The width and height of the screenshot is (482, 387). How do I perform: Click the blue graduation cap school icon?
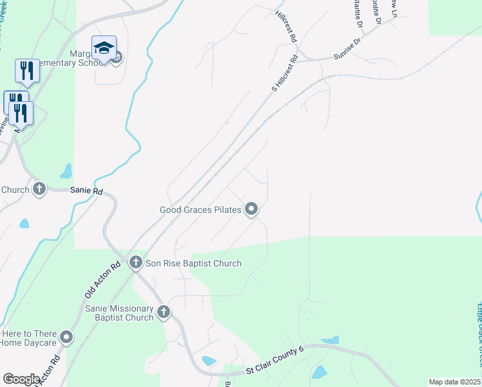click(x=104, y=47)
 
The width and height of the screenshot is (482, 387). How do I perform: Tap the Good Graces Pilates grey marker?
click(x=251, y=209)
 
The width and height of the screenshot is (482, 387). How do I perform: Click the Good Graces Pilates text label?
click(x=200, y=210)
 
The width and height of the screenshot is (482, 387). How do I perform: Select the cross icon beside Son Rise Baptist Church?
click(x=135, y=262)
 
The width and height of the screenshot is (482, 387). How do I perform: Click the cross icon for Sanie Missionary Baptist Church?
click(x=164, y=312)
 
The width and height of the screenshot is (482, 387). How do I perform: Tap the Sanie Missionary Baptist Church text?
click(x=119, y=313)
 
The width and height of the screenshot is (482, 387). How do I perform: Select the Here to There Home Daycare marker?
click(x=66, y=337)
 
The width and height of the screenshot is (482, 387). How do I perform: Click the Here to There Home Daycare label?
click(x=30, y=338)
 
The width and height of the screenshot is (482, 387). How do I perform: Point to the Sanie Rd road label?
click(x=86, y=192)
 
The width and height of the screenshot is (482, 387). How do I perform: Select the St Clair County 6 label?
click(x=275, y=361)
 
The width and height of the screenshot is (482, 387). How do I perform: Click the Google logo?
click(x=21, y=379)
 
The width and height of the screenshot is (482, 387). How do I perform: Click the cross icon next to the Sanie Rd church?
click(x=39, y=189)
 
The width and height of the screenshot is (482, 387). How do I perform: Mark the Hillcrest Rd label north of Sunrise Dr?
click(x=285, y=26)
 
